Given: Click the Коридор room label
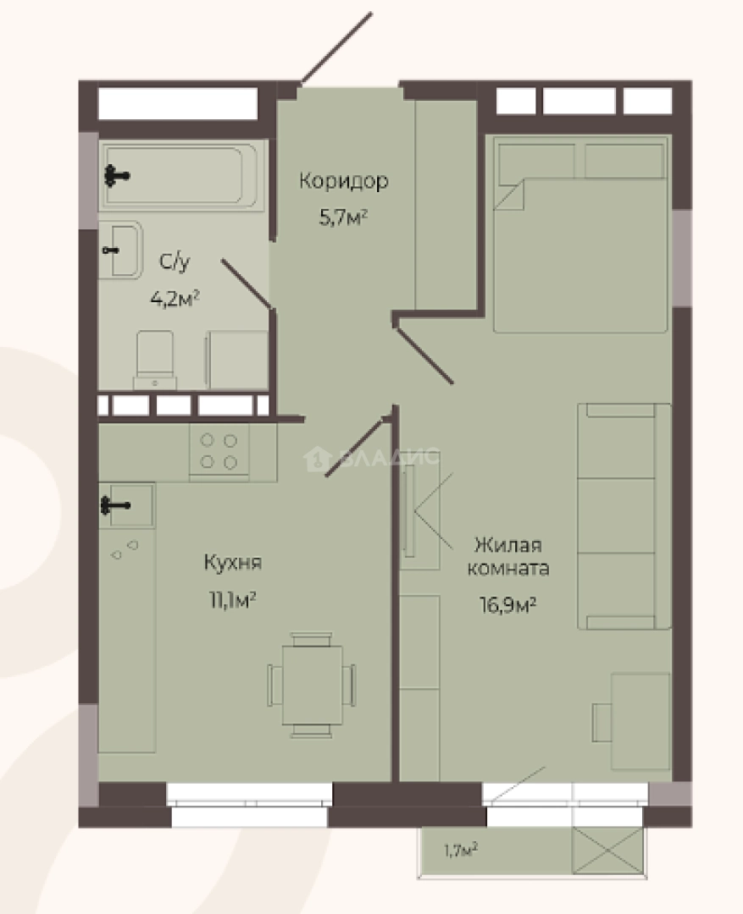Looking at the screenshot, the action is pyautogui.click(x=344, y=181).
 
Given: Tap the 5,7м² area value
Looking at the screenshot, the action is pyautogui.click(x=343, y=217).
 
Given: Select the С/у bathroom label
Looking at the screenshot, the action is pyautogui.click(x=175, y=262).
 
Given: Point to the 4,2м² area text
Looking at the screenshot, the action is pyautogui.click(x=175, y=299).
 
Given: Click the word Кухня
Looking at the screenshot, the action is pyautogui.click(x=233, y=563).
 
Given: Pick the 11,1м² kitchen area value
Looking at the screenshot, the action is pyautogui.click(x=234, y=599).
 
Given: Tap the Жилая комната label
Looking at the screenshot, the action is pyautogui.click(x=508, y=556).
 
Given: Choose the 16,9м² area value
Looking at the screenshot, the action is pyautogui.click(x=507, y=605).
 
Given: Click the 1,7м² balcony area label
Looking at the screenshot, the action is pyautogui.click(x=461, y=851).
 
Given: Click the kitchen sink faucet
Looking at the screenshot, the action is pyautogui.click(x=115, y=504).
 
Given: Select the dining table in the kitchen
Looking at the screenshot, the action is pyautogui.click(x=313, y=685).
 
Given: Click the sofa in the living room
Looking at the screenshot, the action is pyautogui.click(x=624, y=516).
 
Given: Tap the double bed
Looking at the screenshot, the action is pyautogui.click(x=580, y=234).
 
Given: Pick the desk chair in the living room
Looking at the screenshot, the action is pyautogui.click(x=602, y=722).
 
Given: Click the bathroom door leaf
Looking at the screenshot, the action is pyautogui.click(x=246, y=284).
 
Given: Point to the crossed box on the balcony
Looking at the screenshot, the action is pyautogui.click(x=607, y=851).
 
